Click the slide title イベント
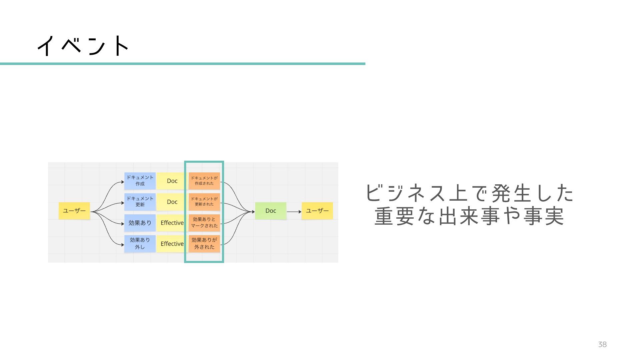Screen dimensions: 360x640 (x=83, y=46)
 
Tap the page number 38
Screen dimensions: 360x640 (x=602, y=345)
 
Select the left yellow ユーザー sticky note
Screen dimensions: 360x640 (x=74, y=211)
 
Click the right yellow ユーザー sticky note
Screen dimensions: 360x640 (x=317, y=211)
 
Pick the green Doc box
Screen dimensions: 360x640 (x=270, y=211)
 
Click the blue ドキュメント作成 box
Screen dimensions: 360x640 (x=140, y=181)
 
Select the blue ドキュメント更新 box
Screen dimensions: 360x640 (x=140, y=202)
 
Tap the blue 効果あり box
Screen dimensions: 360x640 (x=140, y=223)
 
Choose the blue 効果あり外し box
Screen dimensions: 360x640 (x=140, y=244)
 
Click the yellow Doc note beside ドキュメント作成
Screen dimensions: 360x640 (x=172, y=181)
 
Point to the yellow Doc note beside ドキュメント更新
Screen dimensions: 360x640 (x=172, y=202)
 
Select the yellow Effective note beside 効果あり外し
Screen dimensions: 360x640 (x=172, y=244)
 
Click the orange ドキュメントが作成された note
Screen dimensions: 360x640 (x=204, y=181)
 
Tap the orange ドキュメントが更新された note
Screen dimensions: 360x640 (x=204, y=202)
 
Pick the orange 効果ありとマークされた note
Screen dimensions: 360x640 (x=204, y=223)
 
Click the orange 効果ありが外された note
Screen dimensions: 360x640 (x=204, y=244)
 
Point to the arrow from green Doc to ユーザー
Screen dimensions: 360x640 (x=294, y=212)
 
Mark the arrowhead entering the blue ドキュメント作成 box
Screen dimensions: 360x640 (x=122, y=182)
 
